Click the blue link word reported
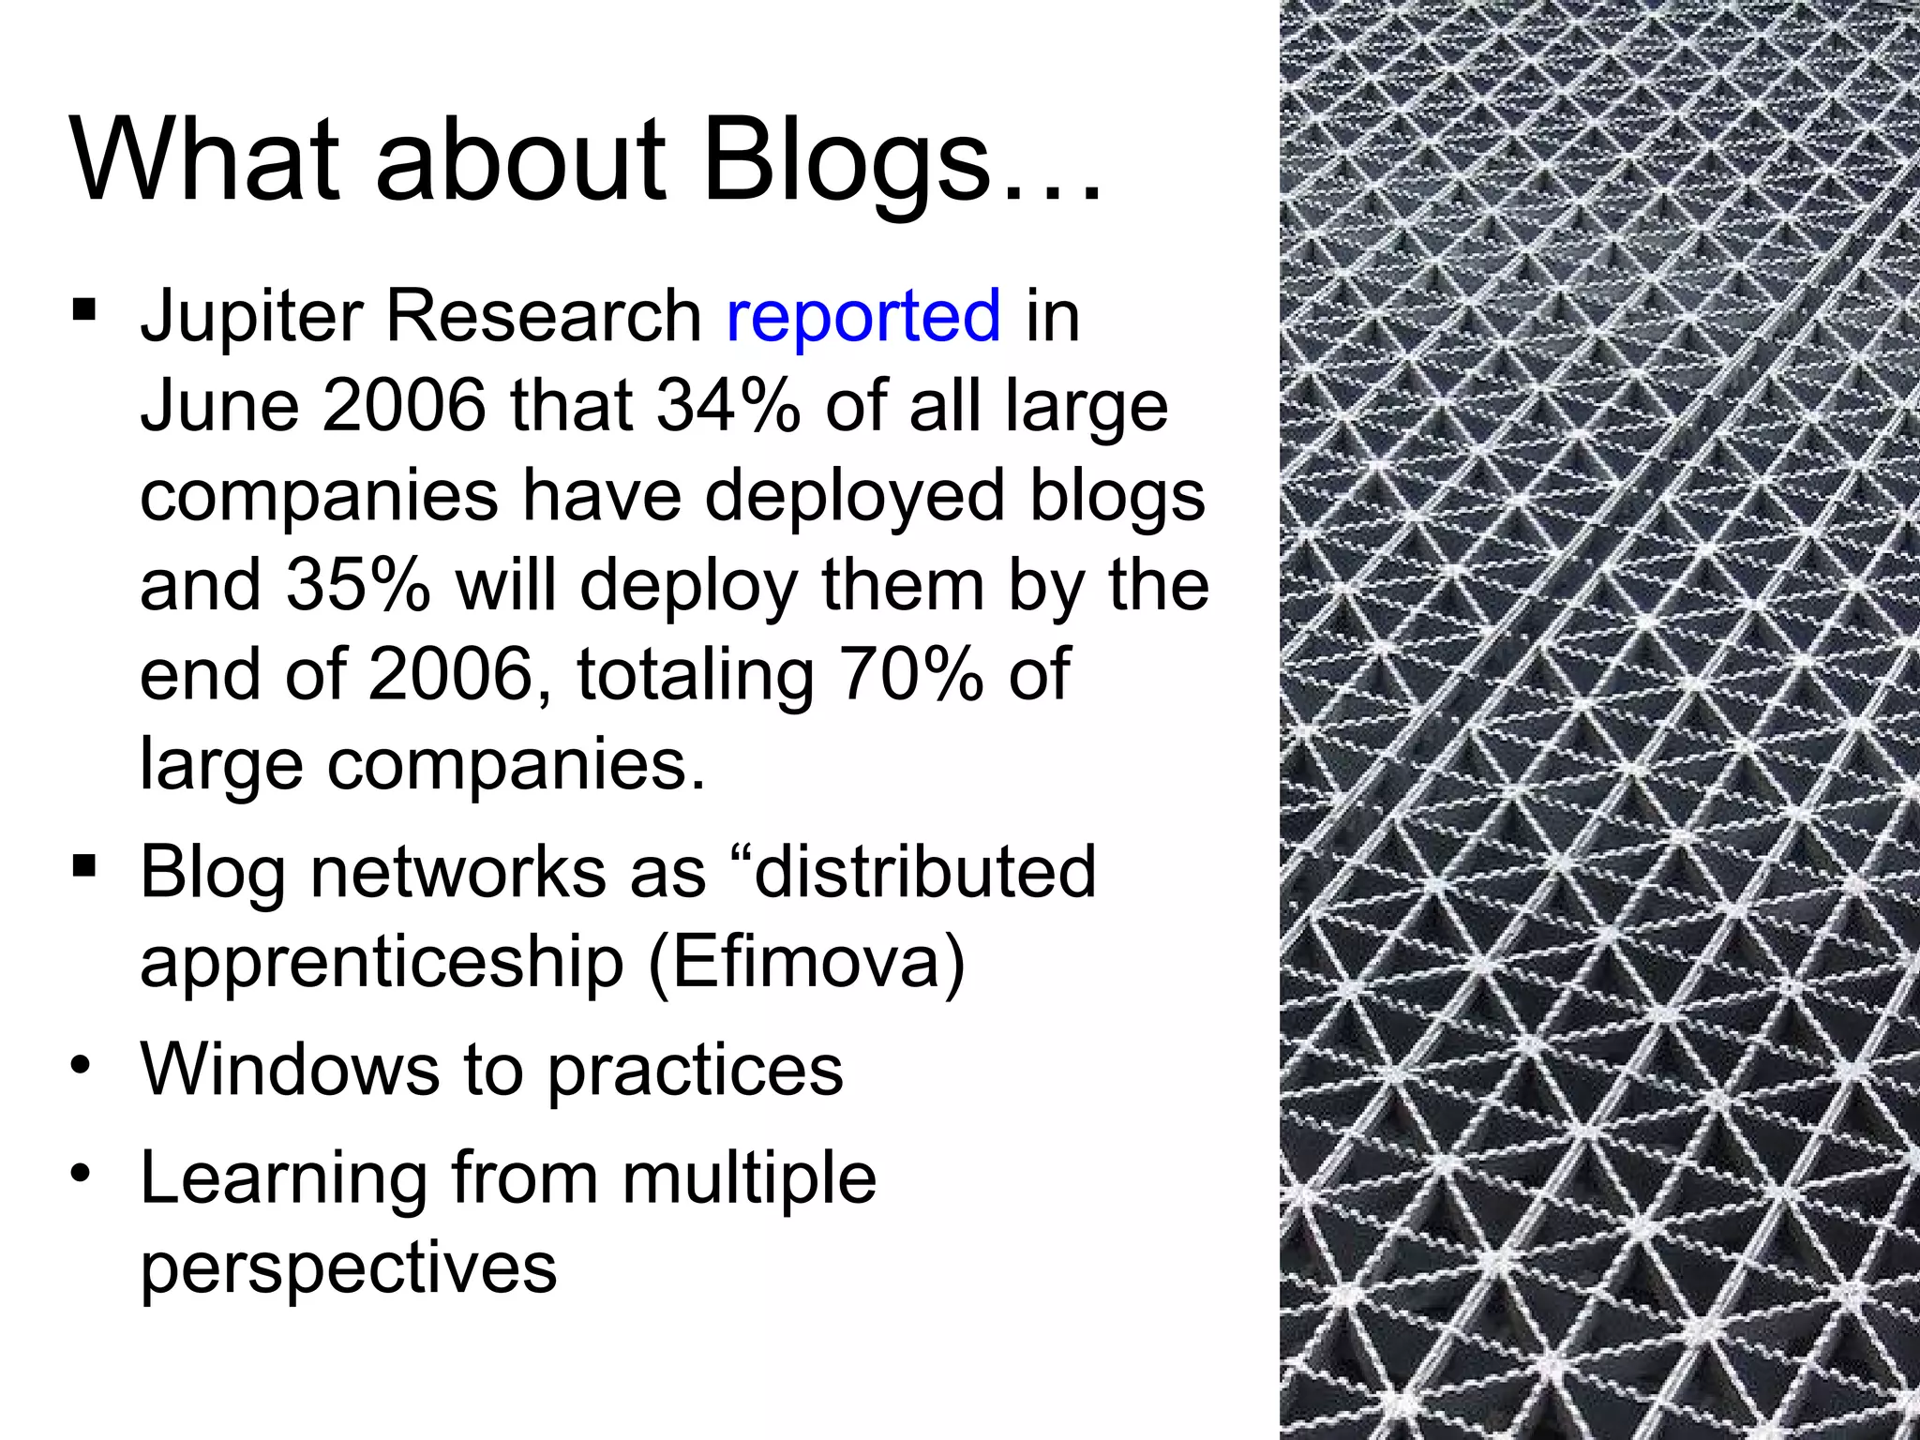[x=863, y=316]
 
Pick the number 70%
[x=910, y=674]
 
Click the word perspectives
[x=348, y=1268]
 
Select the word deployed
[x=854, y=497]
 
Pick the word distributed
[x=922, y=872]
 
